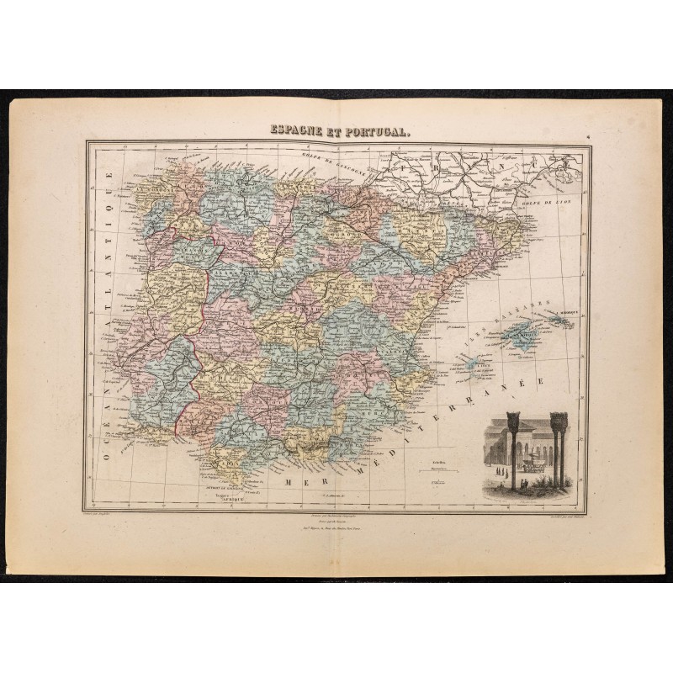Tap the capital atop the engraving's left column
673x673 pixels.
point(513,419)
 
